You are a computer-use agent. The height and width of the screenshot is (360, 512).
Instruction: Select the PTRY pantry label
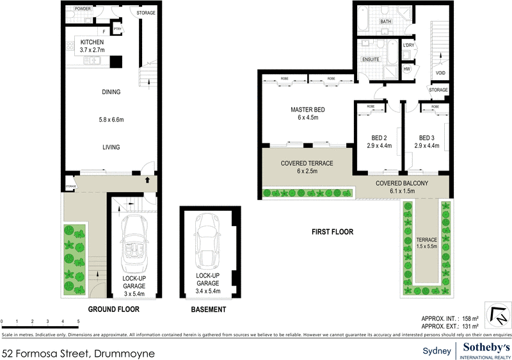[x=117, y=29]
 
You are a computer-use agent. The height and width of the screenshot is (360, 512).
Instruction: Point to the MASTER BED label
[x=307, y=110]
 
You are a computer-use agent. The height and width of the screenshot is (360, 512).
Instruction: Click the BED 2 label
[x=379, y=138]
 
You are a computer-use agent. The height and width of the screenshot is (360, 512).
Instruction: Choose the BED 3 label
[x=426, y=138]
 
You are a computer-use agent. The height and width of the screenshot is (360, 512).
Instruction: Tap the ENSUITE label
[x=371, y=60]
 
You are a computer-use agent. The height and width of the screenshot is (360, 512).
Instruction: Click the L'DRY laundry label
[x=409, y=45]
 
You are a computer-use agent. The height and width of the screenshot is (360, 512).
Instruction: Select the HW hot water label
[x=407, y=69]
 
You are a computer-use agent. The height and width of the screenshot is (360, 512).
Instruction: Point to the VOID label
[x=440, y=73]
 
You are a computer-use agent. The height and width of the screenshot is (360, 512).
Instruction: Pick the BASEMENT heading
[x=209, y=309]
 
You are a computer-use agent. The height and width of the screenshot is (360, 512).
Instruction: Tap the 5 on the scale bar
[x=78, y=320]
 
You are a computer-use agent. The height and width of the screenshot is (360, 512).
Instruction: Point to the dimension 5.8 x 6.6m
[x=111, y=120]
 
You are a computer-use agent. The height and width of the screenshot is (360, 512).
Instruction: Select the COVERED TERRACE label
[x=307, y=163]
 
